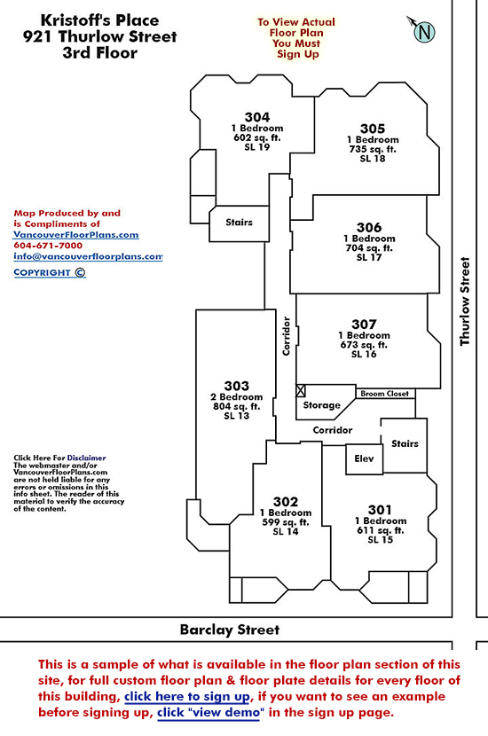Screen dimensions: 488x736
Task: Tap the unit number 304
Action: pyautogui.click(x=257, y=117)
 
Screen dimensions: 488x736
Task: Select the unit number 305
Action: pyautogui.click(x=373, y=129)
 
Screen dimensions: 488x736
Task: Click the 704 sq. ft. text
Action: pyautogui.click(x=369, y=247)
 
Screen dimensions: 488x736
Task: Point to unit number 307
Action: pyautogui.click(x=364, y=325)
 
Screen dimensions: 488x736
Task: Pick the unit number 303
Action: pyautogui.click(x=236, y=386)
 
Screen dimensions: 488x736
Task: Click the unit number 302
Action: pyautogui.click(x=286, y=502)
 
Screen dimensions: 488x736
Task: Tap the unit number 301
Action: pyautogui.click(x=380, y=510)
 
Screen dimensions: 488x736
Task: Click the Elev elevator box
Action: pyautogui.click(x=364, y=458)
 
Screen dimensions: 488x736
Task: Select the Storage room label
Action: pyautogui.click(x=322, y=405)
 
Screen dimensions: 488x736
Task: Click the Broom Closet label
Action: pyautogui.click(x=385, y=394)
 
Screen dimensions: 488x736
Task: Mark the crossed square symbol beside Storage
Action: pyautogui.click(x=301, y=390)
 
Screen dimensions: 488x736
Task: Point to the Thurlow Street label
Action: pyautogui.click(x=465, y=301)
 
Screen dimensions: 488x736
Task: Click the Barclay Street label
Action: pyautogui.click(x=230, y=630)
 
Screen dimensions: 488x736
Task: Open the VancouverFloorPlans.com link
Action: pyautogui.click(x=75, y=235)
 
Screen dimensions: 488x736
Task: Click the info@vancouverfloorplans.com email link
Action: pyautogui.click(x=88, y=256)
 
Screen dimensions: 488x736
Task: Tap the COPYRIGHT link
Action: pyautogui.click(x=50, y=273)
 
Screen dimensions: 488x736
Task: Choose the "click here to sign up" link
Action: pyautogui.click(x=187, y=697)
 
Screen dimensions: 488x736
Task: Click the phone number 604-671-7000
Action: pyautogui.click(x=48, y=246)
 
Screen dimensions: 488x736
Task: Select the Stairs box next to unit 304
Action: pyautogui.click(x=239, y=223)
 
